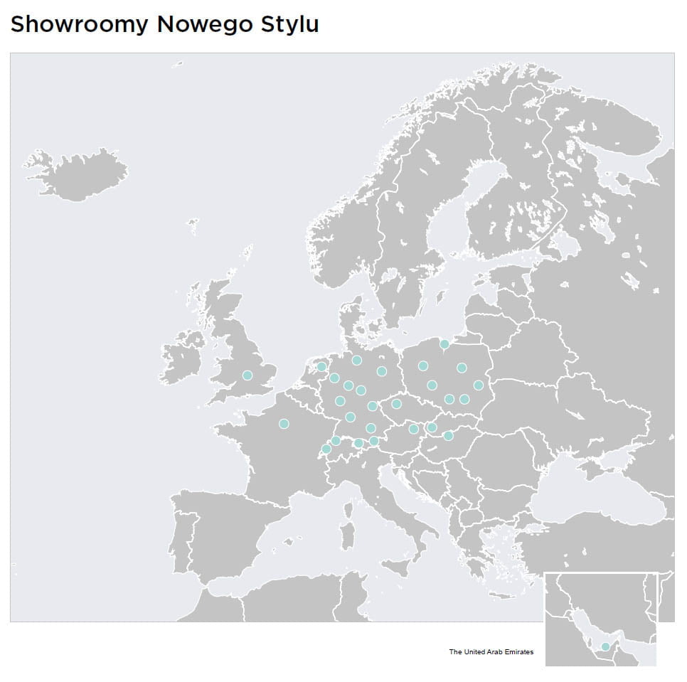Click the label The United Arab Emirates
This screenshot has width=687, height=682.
491,651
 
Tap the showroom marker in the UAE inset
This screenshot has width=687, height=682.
605,646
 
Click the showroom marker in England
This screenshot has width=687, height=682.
247,375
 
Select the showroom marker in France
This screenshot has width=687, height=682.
284,424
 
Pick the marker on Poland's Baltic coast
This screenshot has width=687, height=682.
444,343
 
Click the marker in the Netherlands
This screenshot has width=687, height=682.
321,367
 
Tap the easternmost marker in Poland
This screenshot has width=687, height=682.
478,385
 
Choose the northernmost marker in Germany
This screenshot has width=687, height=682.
356,360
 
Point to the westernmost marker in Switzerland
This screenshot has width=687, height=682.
326,449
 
